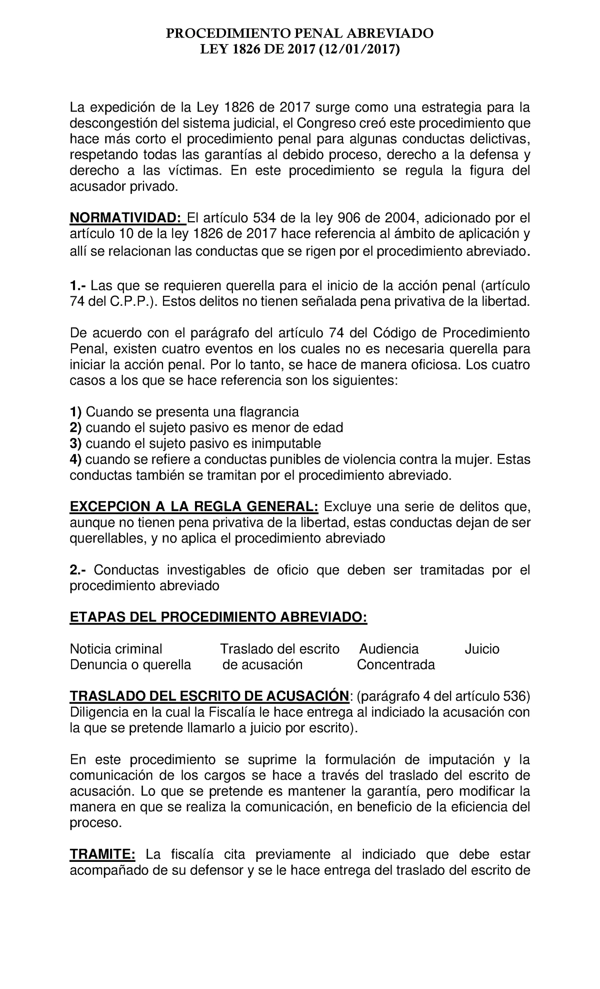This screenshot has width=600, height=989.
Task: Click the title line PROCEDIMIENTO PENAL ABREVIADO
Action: pos(299,34)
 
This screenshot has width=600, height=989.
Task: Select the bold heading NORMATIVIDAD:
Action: pos(126,218)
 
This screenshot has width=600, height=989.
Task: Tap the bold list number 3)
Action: pos(76,443)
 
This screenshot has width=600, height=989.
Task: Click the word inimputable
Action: pos(285,443)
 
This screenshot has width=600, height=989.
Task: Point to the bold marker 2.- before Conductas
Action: pos(79,570)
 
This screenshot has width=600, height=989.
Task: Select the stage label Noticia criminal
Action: pos(116,649)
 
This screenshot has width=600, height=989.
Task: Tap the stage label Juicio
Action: pos(481,649)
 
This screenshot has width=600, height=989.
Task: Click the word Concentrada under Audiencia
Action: pos(395,665)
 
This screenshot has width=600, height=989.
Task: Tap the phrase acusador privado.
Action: pos(123,187)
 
